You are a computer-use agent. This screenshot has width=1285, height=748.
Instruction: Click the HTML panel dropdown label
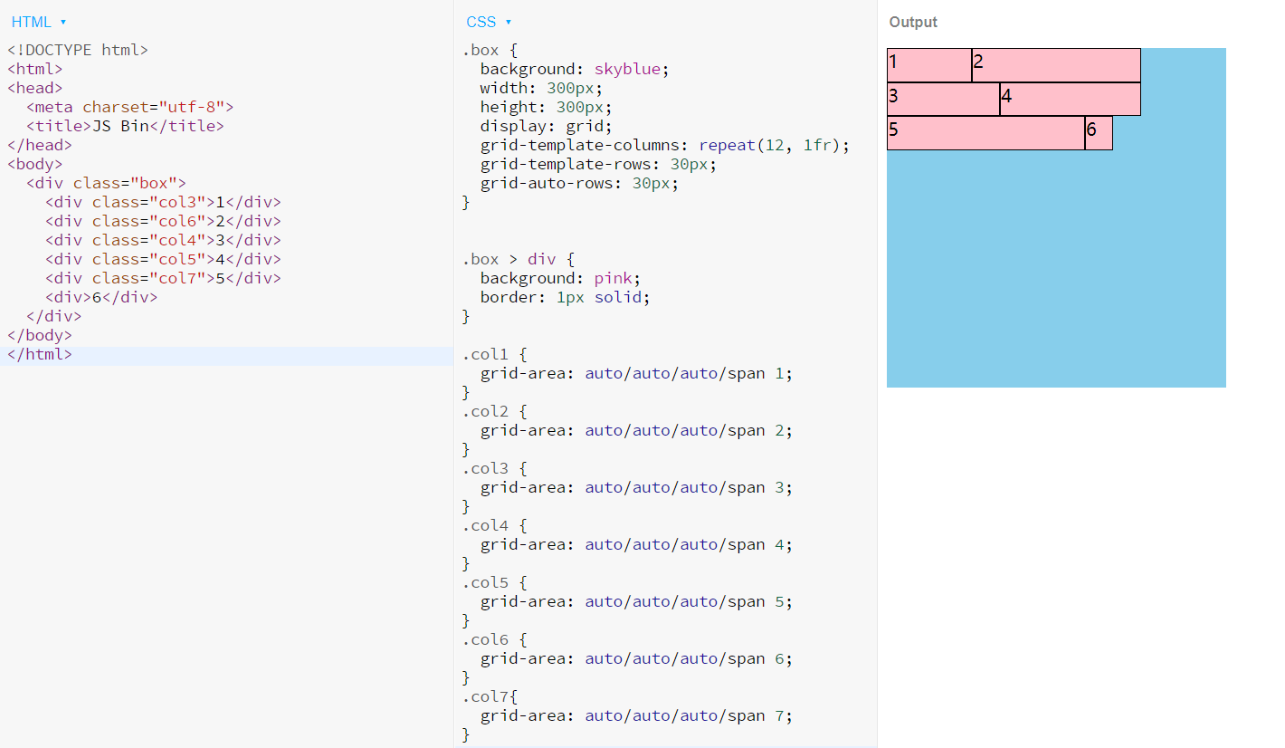(38, 22)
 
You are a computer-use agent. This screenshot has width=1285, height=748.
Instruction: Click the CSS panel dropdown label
(488, 22)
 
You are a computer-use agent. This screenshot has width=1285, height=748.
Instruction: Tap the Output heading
(913, 22)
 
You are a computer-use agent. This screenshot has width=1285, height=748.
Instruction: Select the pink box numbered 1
(929, 65)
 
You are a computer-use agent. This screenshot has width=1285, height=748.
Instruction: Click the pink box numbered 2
(1056, 65)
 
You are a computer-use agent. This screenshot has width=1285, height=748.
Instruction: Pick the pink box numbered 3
(944, 99)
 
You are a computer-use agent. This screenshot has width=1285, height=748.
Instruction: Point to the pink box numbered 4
(1071, 99)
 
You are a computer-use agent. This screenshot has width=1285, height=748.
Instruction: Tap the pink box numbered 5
(986, 132)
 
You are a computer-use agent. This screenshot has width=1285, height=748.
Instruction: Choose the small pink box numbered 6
(1099, 132)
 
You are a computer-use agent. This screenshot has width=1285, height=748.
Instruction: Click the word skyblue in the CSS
(627, 69)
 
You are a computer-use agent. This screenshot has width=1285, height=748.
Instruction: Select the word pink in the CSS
(613, 278)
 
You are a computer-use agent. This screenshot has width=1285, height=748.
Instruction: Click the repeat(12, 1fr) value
(769, 145)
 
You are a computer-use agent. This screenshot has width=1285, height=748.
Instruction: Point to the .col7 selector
(485, 697)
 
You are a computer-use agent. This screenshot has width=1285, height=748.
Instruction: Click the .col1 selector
(485, 354)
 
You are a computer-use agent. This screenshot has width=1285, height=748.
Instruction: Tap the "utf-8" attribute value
(191, 108)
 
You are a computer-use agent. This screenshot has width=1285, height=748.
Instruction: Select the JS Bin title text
(120, 126)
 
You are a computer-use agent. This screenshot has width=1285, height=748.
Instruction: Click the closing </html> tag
(40, 354)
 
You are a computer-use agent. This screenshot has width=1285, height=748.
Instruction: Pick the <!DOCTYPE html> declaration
(78, 50)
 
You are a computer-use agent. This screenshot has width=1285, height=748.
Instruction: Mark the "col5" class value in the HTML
(177, 260)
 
